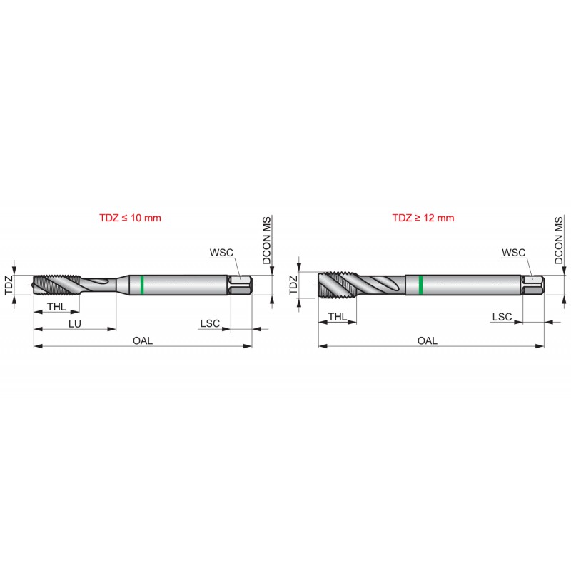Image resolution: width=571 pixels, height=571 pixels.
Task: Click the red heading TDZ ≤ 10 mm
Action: pyautogui.click(x=130, y=218)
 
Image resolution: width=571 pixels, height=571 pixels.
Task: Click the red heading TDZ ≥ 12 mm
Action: pyautogui.click(x=423, y=218)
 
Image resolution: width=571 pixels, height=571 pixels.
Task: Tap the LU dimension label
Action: pyautogui.click(x=75, y=324)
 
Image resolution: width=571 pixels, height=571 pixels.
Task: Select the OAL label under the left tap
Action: pyautogui.click(x=142, y=340)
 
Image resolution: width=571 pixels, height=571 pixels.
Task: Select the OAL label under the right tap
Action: pyautogui.click(x=427, y=340)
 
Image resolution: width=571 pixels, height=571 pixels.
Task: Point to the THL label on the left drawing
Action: pyautogui.click(x=56, y=307)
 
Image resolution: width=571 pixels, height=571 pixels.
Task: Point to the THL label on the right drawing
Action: pyautogui.click(x=338, y=317)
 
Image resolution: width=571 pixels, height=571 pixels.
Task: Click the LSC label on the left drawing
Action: pyautogui.click(x=210, y=323)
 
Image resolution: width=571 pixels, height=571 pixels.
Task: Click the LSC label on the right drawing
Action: pyautogui.click(x=502, y=317)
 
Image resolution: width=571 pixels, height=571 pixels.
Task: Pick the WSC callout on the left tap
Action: pyautogui.click(x=221, y=253)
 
